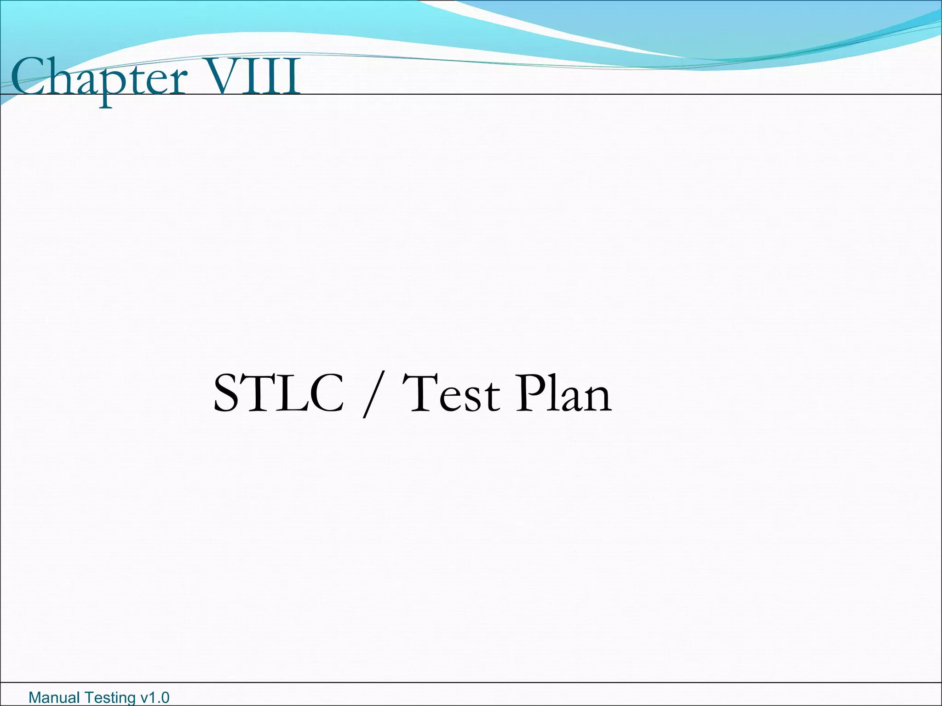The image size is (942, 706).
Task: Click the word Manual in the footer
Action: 53,698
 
